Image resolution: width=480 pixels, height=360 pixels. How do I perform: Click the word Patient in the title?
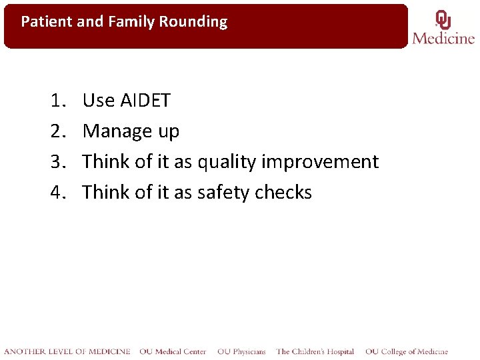tap(47, 22)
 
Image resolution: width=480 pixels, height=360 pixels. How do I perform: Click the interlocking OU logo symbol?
tap(443, 19)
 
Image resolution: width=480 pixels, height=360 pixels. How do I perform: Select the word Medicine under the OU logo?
tap(443, 38)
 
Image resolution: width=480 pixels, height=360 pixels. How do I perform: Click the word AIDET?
tap(145, 101)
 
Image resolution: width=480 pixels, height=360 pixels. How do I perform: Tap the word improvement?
tap(320, 162)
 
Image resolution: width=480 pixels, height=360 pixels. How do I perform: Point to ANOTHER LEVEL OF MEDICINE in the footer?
tap(67, 351)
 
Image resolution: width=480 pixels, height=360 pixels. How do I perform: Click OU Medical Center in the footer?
tap(173, 351)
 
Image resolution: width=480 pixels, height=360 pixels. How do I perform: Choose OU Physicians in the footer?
tap(241, 351)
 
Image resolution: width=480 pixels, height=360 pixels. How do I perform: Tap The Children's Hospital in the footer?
tap(315, 351)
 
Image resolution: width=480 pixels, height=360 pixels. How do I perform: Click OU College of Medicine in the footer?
tap(407, 351)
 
